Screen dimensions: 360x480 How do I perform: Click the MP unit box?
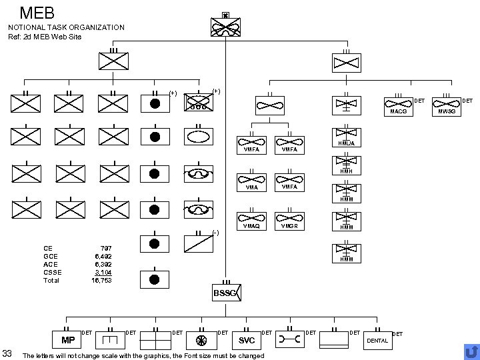tap(67, 339)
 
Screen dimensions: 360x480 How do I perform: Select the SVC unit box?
tap(247, 340)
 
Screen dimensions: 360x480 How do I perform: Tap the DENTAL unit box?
tap(378, 341)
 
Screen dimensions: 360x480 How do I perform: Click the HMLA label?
tap(346, 144)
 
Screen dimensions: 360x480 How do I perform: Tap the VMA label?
tap(251, 187)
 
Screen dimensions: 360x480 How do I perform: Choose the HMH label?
tap(346, 171)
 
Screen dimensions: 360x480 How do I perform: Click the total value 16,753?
tap(101, 281)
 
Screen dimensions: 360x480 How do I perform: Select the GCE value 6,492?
tap(103, 256)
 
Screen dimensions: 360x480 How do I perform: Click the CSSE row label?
tap(53, 272)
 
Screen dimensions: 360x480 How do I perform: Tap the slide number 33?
tap(8, 353)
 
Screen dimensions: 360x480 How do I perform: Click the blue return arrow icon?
tap(471, 351)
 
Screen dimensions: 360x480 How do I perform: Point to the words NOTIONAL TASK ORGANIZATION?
tap(66, 27)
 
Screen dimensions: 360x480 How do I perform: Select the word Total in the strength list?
tap(51, 281)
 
